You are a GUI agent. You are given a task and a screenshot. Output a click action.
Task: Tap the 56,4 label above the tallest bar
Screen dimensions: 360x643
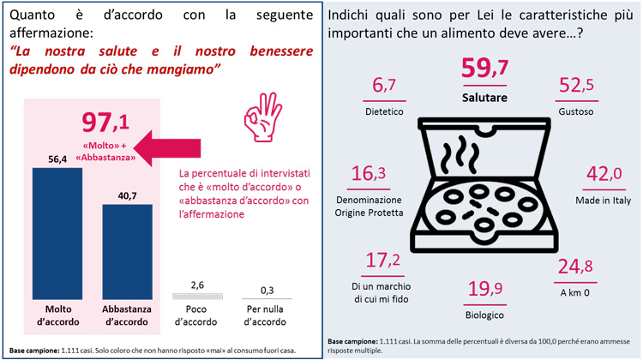57,159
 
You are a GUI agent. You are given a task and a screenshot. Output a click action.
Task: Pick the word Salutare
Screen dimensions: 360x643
484,99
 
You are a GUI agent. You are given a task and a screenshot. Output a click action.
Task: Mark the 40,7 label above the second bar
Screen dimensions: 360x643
127,195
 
